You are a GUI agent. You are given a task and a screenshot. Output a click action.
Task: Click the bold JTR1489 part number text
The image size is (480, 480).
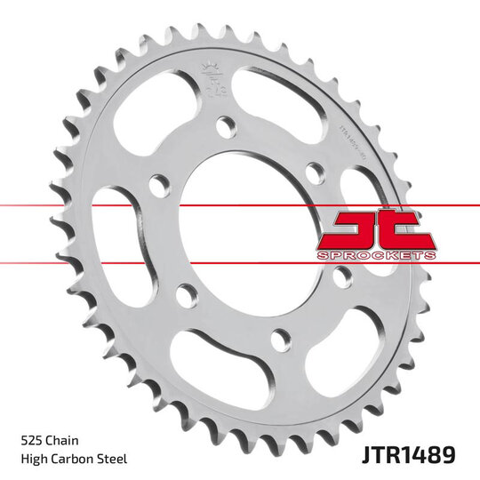pyautogui.click(x=408, y=455)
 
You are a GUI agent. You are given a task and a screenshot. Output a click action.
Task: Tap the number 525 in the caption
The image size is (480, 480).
pyautogui.click(x=31, y=440)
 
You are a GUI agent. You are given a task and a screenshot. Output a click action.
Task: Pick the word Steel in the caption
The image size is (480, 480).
pyautogui.click(x=113, y=459)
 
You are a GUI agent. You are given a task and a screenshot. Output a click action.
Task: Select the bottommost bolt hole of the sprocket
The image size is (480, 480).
pyautogui.click(x=281, y=338)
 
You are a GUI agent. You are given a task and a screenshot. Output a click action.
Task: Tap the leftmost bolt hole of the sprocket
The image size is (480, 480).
pyautogui.click(x=158, y=186)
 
